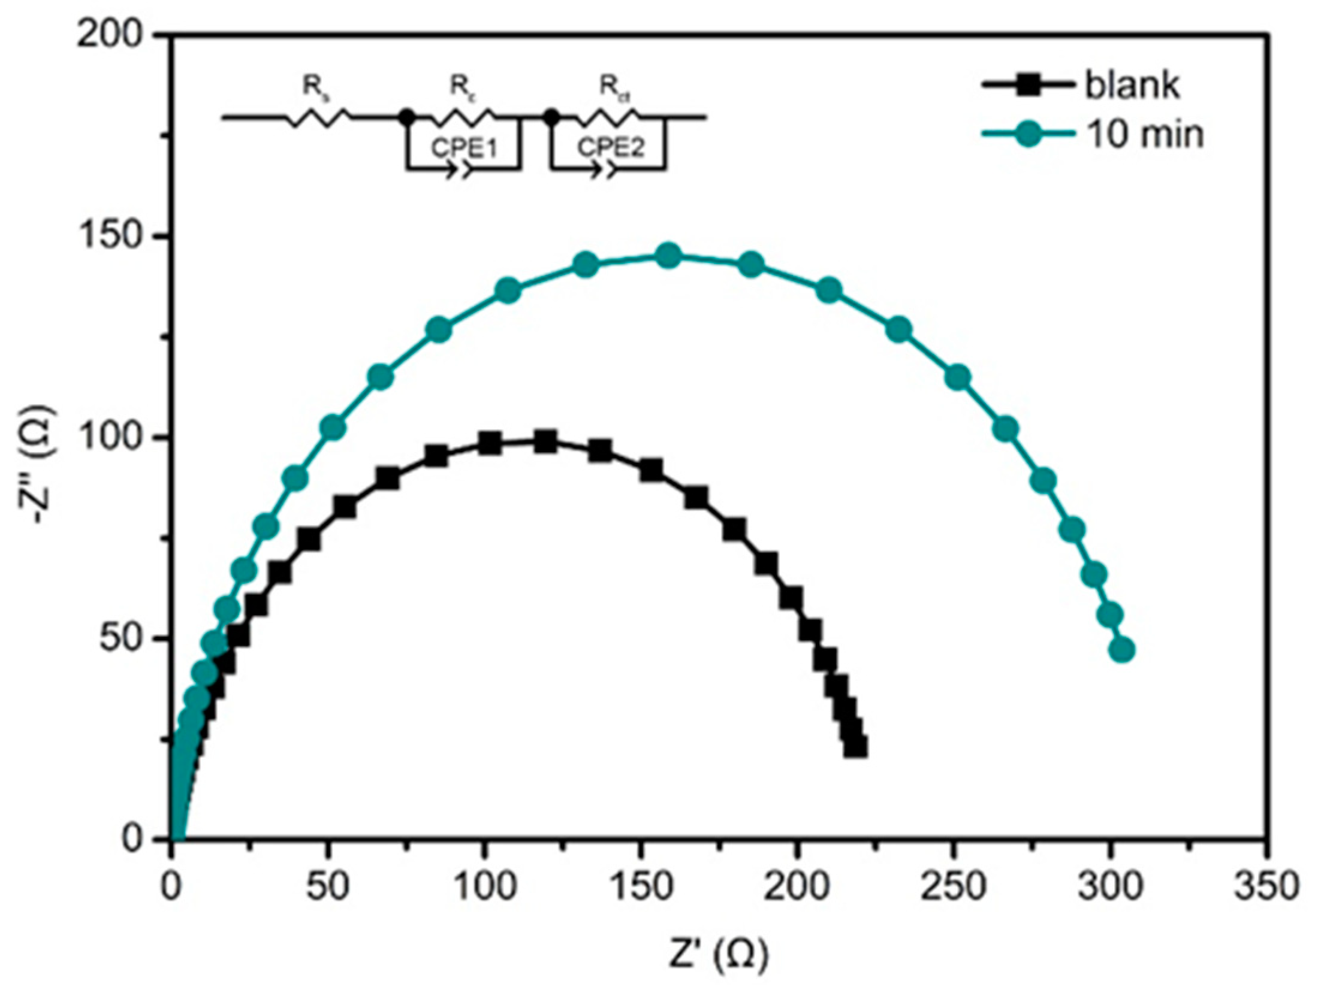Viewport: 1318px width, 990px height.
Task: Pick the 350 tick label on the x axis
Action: tap(1265, 885)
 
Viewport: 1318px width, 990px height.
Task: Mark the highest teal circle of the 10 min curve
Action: tap(669, 256)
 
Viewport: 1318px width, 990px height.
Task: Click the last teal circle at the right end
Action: tap(1121, 650)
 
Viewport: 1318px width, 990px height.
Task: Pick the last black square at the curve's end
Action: tap(855, 747)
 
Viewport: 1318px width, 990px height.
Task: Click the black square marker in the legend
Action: tap(1027, 84)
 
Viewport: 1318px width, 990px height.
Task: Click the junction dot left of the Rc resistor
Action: tap(407, 117)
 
